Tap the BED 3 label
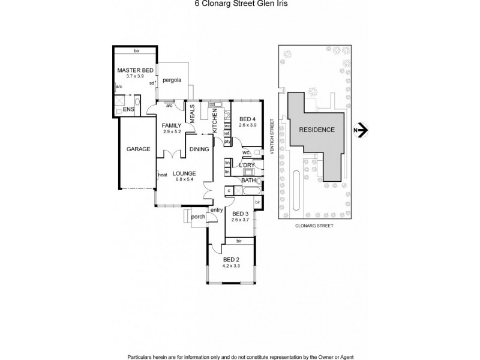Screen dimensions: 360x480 [239, 214]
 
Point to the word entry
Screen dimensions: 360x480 [217, 210]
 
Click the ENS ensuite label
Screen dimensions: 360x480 [128, 109]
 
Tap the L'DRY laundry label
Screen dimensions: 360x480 [247, 164]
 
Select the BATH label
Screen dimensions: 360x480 [248, 180]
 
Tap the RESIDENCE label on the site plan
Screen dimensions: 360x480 [314, 130]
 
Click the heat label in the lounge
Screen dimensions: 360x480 [162, 175]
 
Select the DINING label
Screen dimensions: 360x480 [199, 149]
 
